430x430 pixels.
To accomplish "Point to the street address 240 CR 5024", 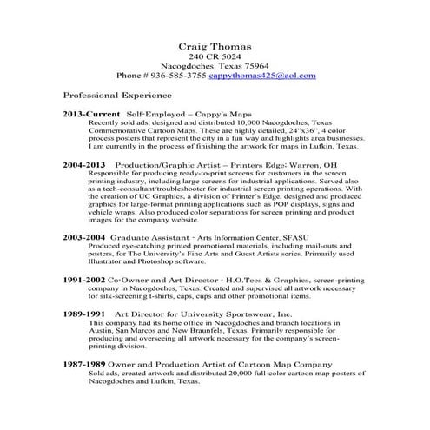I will click(215, 56).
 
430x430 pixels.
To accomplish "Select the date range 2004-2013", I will click(84, 163).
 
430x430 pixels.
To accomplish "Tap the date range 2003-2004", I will click(84, 236).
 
